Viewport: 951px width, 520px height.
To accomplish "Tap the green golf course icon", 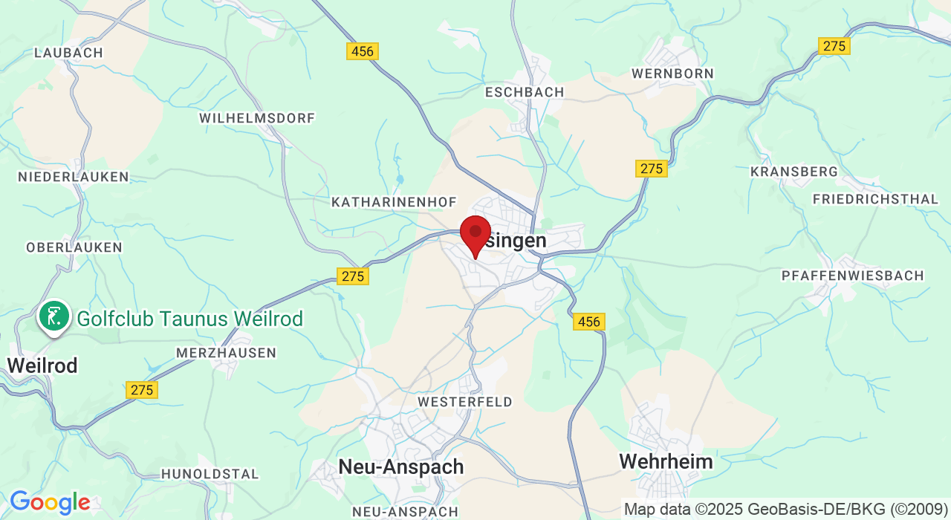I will (x=53, y=317).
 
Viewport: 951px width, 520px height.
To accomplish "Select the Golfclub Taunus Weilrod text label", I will (x=189, y=319).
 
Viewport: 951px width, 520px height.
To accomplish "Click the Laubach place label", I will (x=69, y=53).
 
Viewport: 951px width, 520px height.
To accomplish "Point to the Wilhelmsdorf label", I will (x=257, y=118).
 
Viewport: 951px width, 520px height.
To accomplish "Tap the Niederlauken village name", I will (x=74, y=177).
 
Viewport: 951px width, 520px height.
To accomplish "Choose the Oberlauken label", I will (x=74, y=247).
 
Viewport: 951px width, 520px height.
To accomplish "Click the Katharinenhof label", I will (x=394, y=202).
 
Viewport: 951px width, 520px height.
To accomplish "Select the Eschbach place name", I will (x=525, y=92).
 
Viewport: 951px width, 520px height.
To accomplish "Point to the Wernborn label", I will (x=672, y=74).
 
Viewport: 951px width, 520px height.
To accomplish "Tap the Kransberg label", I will (x=794, y=172).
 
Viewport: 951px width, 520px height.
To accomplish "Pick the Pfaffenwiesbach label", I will (x=852, y=276).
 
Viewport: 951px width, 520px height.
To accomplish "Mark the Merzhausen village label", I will (x=226, y=353).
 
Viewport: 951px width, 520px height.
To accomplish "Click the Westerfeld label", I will (x=465, y=402).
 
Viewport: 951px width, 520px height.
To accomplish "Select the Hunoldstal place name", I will (x=210, y=474).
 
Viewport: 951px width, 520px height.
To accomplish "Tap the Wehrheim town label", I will (x=666, y=461).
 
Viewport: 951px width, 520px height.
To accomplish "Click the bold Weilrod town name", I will (x=42, y=365).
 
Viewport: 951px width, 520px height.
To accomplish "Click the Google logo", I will (x=49, y=502).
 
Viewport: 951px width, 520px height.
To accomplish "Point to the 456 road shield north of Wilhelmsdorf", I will (x=363, y=51).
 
